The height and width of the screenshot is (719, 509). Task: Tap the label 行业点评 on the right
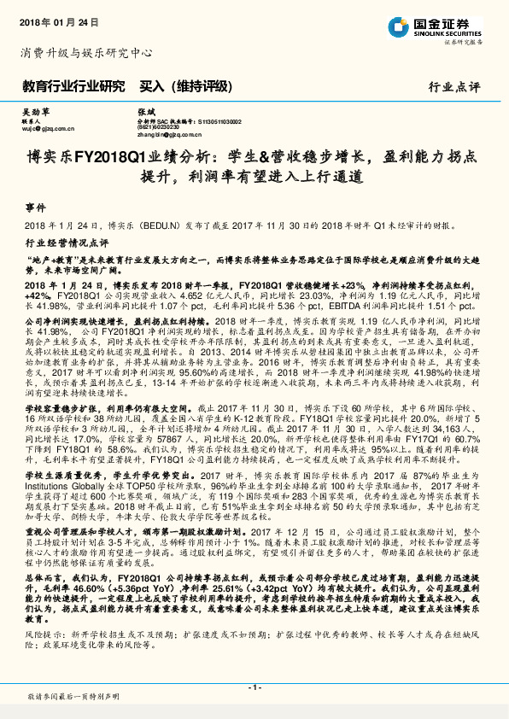[454, 86]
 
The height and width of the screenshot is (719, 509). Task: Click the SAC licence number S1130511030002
[219, 122]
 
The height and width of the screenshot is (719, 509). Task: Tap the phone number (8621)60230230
[158, 128]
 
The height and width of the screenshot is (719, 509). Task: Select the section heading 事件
[35, 208]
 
